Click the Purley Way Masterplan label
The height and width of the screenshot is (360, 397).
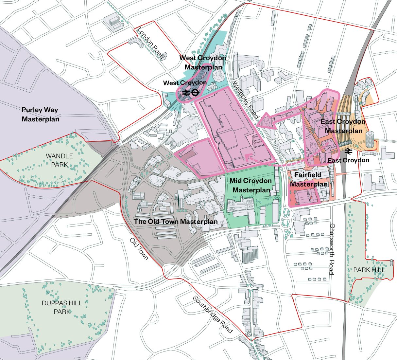coord(41,114)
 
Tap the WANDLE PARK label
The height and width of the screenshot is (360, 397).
coord(59,160)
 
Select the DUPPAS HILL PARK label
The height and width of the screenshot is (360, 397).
coord(62,307)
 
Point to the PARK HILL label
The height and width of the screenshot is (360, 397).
coord(369,270)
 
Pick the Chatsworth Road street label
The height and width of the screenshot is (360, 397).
coord(332,249)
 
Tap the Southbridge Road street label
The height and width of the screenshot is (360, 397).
coord(213,315)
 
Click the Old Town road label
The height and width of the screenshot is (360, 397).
coord(139,249)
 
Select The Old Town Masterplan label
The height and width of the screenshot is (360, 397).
coord(176,222)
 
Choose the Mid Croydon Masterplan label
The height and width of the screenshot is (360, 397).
coord(250,185)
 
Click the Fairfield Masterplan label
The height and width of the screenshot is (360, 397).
coord(308,179)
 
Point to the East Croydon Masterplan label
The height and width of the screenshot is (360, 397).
coord(343,126)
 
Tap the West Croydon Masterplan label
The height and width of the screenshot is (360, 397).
coord(203,62)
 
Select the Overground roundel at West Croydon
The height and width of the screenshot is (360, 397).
coord(194,93)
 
